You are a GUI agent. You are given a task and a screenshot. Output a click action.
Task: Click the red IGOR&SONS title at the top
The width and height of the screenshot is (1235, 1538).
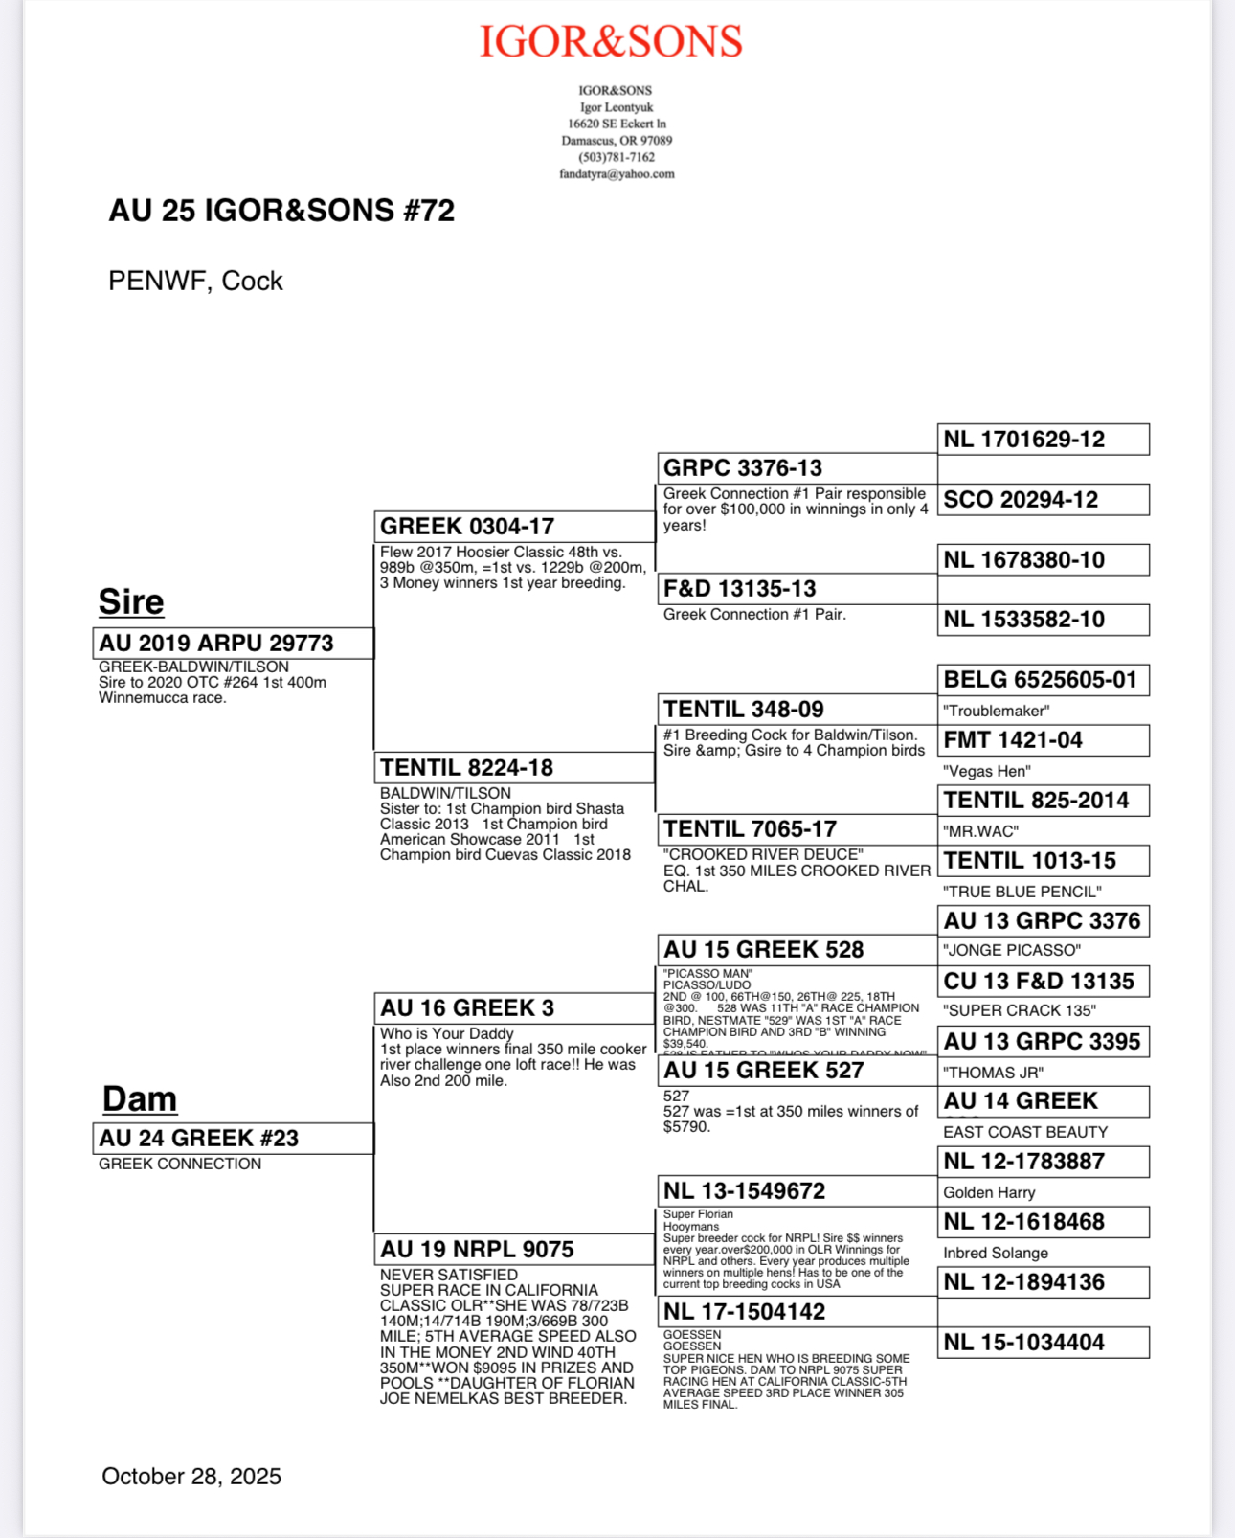611,42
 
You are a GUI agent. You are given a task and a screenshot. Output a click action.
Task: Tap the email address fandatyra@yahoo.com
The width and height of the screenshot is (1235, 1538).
617,174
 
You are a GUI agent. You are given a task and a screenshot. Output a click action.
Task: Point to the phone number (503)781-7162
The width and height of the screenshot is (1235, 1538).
617,157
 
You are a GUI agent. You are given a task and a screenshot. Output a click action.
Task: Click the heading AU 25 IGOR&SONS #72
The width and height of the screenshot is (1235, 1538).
281,211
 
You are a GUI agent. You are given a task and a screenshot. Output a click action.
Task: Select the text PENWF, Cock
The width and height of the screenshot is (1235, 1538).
195,282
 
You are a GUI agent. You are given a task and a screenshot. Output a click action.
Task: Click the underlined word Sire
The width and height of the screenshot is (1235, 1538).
131,602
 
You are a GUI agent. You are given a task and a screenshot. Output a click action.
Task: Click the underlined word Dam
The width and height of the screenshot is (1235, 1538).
140,1099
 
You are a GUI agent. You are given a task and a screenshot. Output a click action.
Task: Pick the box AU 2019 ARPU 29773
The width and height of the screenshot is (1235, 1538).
233,644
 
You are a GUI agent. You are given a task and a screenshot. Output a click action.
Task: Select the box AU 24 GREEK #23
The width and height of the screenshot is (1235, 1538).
233,1139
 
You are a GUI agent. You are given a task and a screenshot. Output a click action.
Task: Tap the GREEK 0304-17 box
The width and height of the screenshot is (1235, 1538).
514,527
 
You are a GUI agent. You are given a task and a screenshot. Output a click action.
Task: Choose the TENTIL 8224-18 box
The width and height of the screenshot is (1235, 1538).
514,768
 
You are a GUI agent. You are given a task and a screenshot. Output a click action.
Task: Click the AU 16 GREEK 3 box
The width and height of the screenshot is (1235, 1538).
514,1008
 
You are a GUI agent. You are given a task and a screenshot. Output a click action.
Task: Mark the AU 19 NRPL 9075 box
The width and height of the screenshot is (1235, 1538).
514,1250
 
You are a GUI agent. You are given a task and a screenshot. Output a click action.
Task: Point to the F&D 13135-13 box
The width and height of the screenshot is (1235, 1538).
797,589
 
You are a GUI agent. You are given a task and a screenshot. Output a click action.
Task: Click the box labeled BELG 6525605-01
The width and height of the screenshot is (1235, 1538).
1043,680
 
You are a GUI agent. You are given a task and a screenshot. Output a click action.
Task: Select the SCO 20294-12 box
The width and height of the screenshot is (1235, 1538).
1043,500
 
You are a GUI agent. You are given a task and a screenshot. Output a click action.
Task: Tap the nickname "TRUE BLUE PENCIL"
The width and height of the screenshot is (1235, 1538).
1022,892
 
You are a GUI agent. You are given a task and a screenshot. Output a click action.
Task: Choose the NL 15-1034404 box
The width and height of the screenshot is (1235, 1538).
1043,1343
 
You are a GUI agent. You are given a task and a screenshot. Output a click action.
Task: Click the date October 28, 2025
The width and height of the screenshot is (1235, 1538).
191,1477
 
